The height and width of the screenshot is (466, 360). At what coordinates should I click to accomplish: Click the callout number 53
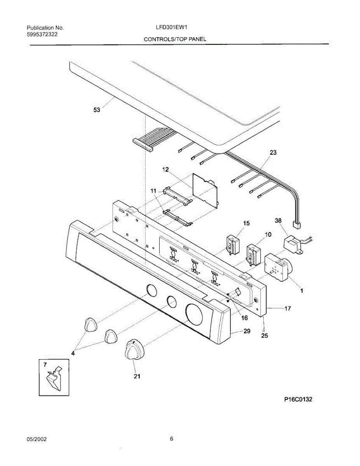pyautogui.click(x=96, y=110)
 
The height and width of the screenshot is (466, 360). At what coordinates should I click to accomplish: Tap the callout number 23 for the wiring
pyautogui.click(x=273, y=153)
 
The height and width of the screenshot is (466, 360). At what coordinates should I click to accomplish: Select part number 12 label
pyautogui.click(x=165, y=170)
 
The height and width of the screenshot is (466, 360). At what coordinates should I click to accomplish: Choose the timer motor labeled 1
pyautogui.click(x=277, y=268)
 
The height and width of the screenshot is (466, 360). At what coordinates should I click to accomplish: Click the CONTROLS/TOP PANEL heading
pyautogui.click(x=175, y=39)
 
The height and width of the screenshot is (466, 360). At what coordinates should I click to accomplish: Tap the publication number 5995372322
pyautogui.click(x=43, y=35)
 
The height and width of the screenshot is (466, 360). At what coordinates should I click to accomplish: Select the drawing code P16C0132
pyautogui.click(x=298, y=399)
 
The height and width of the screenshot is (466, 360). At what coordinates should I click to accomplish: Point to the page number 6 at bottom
pyautogui.click(x=171, y=439)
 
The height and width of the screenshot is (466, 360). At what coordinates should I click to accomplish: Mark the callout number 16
pyautogui.click(x=244, y=318)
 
